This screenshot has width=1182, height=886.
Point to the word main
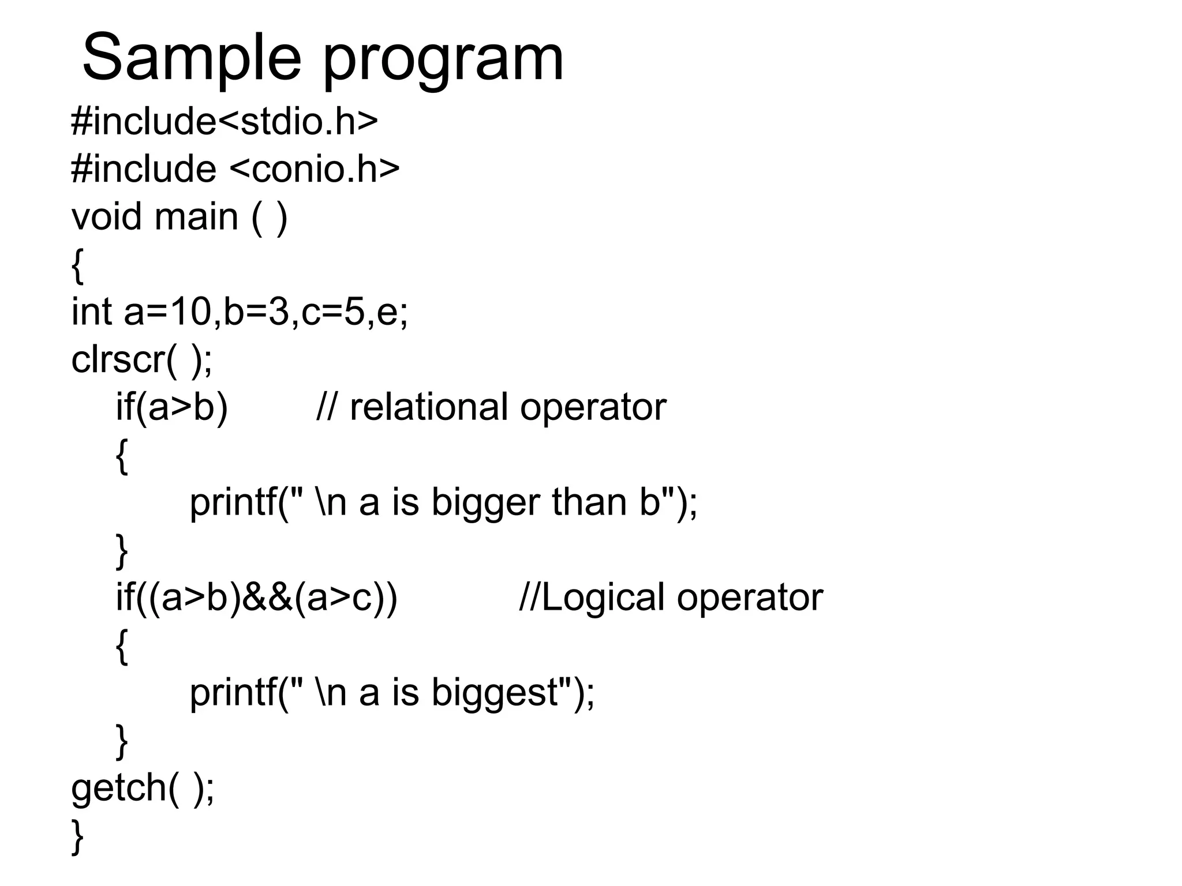coord(196,217)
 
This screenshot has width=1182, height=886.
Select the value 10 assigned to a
coord(191,311)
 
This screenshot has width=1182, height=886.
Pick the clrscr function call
coord(118,359)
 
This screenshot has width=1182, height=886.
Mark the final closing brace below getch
coord(77,837)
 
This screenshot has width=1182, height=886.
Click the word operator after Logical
coord(750,598)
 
